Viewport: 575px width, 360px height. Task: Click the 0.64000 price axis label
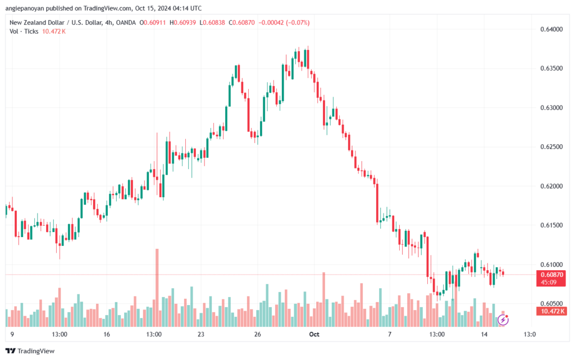[551, 29]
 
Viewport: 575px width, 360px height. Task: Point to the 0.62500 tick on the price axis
[551, 147]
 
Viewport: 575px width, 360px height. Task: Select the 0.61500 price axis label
[551, 225]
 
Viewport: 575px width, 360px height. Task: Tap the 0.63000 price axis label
[551, 108]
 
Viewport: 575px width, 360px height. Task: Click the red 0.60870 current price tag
[551, 278]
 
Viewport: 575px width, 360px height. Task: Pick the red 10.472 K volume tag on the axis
[551, 311]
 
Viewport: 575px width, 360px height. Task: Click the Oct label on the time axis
[314, 334]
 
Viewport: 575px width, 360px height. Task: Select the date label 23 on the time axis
[200, 334]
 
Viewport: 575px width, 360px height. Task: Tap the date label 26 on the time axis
[257, 334]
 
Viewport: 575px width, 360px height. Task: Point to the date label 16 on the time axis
[107, 334]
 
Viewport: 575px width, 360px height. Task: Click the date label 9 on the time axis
[12, 334]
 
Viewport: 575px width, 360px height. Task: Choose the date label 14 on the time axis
[484, 334]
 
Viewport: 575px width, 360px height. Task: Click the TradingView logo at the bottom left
[30, 351]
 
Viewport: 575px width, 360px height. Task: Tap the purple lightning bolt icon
[503, 320]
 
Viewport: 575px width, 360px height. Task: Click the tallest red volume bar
[157, 288]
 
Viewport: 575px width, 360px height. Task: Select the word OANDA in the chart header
[126, 22]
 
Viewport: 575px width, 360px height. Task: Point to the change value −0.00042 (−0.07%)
[284, 22]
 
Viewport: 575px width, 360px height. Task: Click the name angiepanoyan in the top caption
[25, 8]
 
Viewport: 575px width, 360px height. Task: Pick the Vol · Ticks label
[24, 31]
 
